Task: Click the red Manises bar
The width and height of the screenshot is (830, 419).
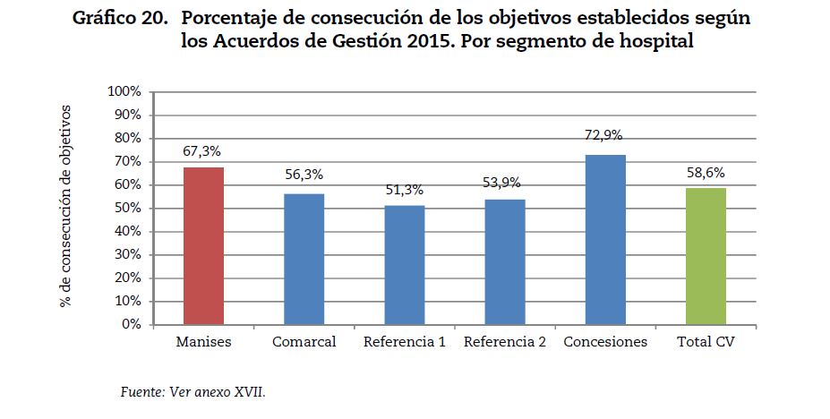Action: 203,246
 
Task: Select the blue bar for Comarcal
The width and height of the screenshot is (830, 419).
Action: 304,259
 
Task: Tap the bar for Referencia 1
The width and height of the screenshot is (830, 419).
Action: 405,265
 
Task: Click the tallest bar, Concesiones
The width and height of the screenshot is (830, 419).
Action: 605,240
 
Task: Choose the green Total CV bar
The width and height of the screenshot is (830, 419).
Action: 706,256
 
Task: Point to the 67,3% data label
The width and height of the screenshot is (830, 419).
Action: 202,152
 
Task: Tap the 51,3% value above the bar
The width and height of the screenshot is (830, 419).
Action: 404,190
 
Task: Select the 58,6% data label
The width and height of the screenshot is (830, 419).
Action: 705,173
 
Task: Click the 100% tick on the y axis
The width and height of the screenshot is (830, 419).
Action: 124,91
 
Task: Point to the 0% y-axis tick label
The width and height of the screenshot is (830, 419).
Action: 131,324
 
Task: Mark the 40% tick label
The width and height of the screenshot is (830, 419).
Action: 127,231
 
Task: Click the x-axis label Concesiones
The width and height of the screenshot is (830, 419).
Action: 605,343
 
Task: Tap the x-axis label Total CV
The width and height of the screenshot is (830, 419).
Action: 706,343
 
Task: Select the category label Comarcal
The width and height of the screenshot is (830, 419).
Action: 304,343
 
